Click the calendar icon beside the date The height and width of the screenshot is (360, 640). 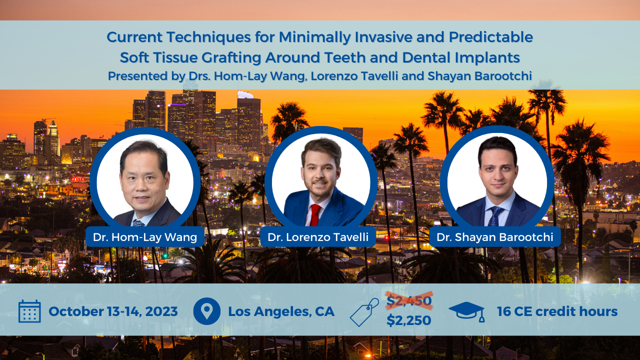pyautogui.click(x=29, y=311)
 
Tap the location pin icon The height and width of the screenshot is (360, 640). pyautogui.click(x=206, y=311)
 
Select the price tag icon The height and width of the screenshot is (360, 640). pyautogui.click(x=364, y=312)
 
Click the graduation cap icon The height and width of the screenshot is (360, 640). pyautogui.click(x=467, y=312)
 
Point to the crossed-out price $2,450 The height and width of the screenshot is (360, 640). pyautogui.click(x=409, y=301)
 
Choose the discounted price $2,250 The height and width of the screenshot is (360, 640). pyautogui.click(x=409, y=320)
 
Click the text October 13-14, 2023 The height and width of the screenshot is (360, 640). pyautogui.click(x=113, y=311)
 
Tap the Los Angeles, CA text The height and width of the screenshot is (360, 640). pyautogui.click(x=281, y=311)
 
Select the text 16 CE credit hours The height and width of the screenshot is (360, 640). pyautogui.click(x=557, y=311)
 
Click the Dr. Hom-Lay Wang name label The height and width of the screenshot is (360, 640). pyautogui.click(x=145, y=237)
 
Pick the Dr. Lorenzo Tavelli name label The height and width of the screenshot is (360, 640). pyautogui.click(x=318, y=237)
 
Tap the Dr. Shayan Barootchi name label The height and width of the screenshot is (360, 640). pyautogui.click(x=495, y=237)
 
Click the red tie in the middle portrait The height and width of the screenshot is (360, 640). pyautogui.click(x=315, y=215)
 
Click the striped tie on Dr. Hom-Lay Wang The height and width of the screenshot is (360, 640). pyautogui.click(x=138, y=223)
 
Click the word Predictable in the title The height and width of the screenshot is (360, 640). pyautogui.click(x=491, y=37)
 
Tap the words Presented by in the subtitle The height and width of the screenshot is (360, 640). pyautogui.click(x=146, y=76)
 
